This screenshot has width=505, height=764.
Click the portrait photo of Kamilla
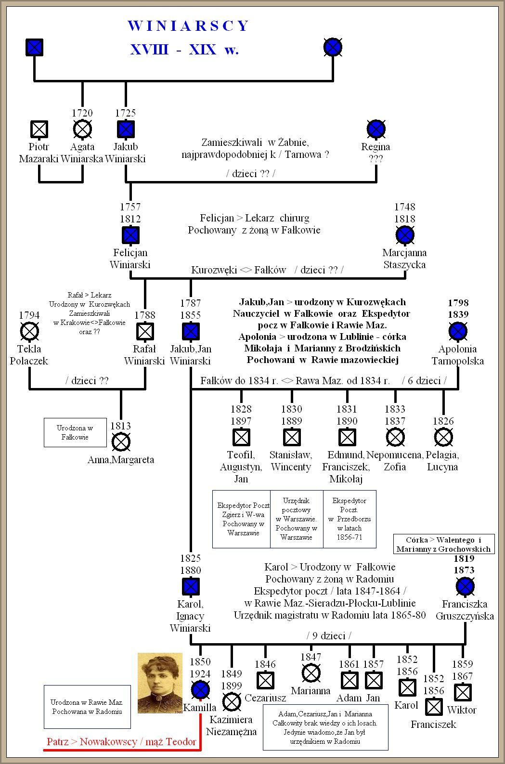click(160, 683)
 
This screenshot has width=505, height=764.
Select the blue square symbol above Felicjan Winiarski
click(130, 235)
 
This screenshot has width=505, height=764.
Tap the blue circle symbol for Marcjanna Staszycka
click(405, 235)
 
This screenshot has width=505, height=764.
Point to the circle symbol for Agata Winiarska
click(82, 129)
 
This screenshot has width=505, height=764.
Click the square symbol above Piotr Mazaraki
click(39, 129)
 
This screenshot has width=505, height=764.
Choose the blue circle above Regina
click(376, 129)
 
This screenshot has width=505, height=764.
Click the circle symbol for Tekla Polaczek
click(29, 331)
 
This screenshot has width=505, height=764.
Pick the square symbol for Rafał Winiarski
click(145, 331)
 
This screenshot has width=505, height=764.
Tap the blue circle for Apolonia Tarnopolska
click(458, 331)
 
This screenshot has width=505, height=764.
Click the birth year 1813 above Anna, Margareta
click(120, 426)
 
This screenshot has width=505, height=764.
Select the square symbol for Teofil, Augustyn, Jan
click(241, 437)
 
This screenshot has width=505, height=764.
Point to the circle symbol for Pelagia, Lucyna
click(443, 437)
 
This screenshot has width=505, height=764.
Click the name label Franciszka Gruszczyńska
click(465, 610)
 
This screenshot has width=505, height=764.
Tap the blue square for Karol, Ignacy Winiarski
click(191, 586)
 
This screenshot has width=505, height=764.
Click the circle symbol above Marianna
click(311, 673)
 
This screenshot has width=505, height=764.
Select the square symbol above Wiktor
click(463, 692)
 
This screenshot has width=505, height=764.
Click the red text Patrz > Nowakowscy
click(121, 742)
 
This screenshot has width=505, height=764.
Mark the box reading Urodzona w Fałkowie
click(75, 432)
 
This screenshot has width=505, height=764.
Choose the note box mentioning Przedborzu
click(350, 519)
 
